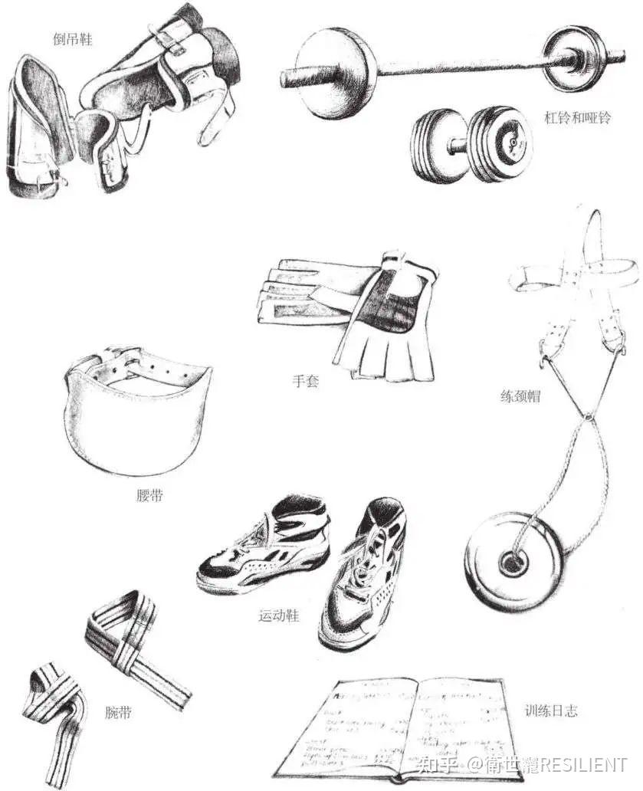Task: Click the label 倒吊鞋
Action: tap(73, 40)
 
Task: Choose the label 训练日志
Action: tap(552, 711)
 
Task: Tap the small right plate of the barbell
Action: tap(575, 59)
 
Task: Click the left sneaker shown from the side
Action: tap(264, 548)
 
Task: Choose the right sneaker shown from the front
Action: tap(363, 575)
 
